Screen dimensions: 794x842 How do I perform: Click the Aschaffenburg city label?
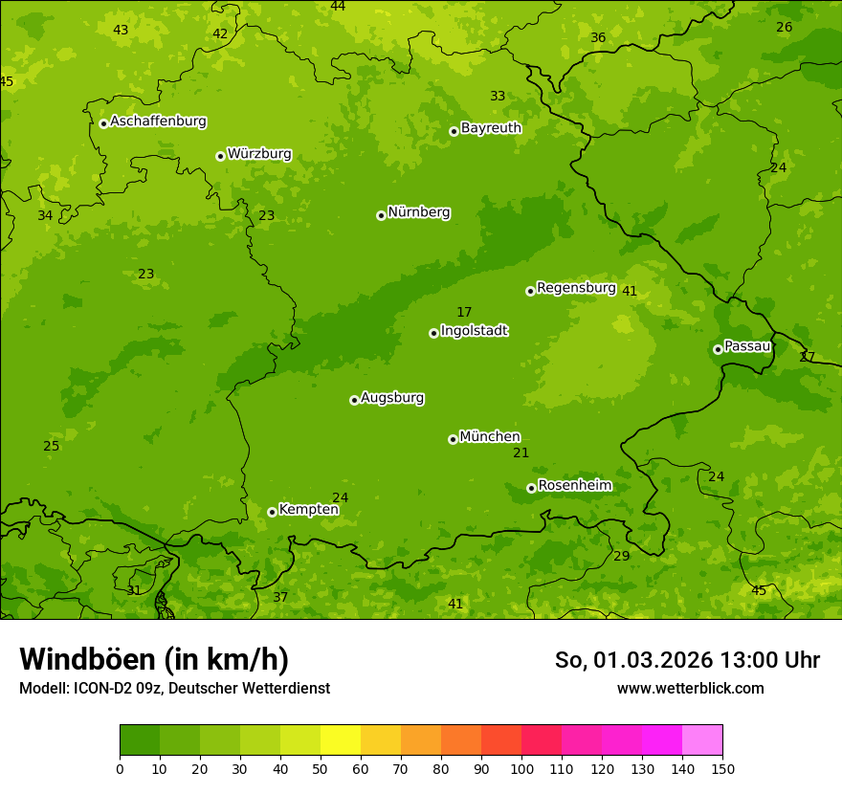pyautogui.click(x=158, y=121)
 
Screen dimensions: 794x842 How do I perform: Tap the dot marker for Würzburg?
pyautogui.click(x=220, y=156)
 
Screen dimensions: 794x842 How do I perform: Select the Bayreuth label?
pyautogui.click(x=491, y=128)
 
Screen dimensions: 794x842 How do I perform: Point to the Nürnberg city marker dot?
pyautogui.click(x=381, y=215)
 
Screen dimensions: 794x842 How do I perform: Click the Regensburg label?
pyautogui.click(x=576, y=288)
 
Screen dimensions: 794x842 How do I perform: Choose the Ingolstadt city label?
pyautogui.click(x=474, y=331)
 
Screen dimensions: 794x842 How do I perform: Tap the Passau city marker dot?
pyautogui.click(x=718, y=349)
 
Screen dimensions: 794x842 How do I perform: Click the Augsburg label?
pyautogui.click(x=392, y=398)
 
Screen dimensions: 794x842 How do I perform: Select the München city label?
pyautogui.click(x=490, y=437)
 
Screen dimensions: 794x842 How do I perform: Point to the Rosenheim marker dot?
pyautogui.click(x=531, y=488)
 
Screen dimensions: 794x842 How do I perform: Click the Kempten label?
pyautogui.click(x=308, y=510)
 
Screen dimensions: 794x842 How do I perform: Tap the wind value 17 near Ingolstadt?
pyautogui.click(x=464, y=313)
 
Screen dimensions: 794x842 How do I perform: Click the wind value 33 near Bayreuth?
pyautogui.click(x=498, y=97)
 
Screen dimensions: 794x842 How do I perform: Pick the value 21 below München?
pyautogui.click(x=521, y=453)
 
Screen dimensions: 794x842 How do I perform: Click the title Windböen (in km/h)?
pyautogui.click(x=154, y=659)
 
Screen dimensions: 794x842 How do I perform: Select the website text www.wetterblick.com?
pyautogui.click(x=690, y=688)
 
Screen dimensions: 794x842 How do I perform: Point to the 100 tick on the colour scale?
pyautogui.click(x=521, y=768)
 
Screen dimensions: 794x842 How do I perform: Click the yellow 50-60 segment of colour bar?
pyautogui.click(x=341, y=740)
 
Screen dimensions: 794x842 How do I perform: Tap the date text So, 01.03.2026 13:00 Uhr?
pyautogui.click(x=687, y=660)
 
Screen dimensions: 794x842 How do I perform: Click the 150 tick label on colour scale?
pyautogui.click(x=722, y=768)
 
